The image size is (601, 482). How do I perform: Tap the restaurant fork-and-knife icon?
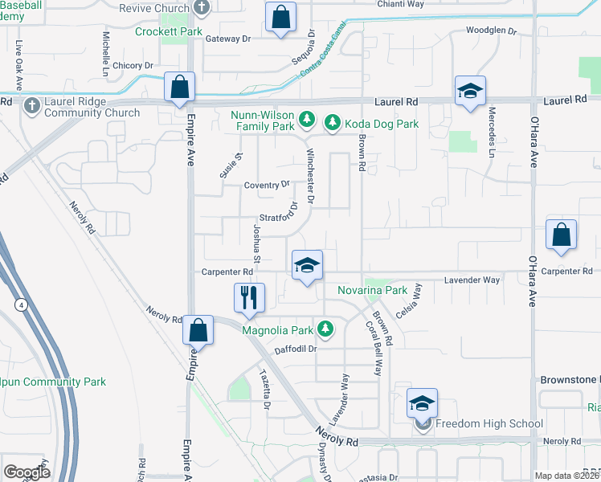(248, 297)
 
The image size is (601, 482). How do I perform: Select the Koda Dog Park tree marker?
(332, 124)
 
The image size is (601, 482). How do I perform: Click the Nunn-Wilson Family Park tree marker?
(306, 120)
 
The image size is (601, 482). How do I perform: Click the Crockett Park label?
(168, 31)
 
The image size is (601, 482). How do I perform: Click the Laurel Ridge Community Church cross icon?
(32, 105)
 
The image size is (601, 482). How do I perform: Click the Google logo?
(27, 472)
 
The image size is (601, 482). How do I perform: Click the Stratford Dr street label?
(280, 215)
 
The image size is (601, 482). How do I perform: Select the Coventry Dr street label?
(267, 184)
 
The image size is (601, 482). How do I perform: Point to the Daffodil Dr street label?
(297, 349)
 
